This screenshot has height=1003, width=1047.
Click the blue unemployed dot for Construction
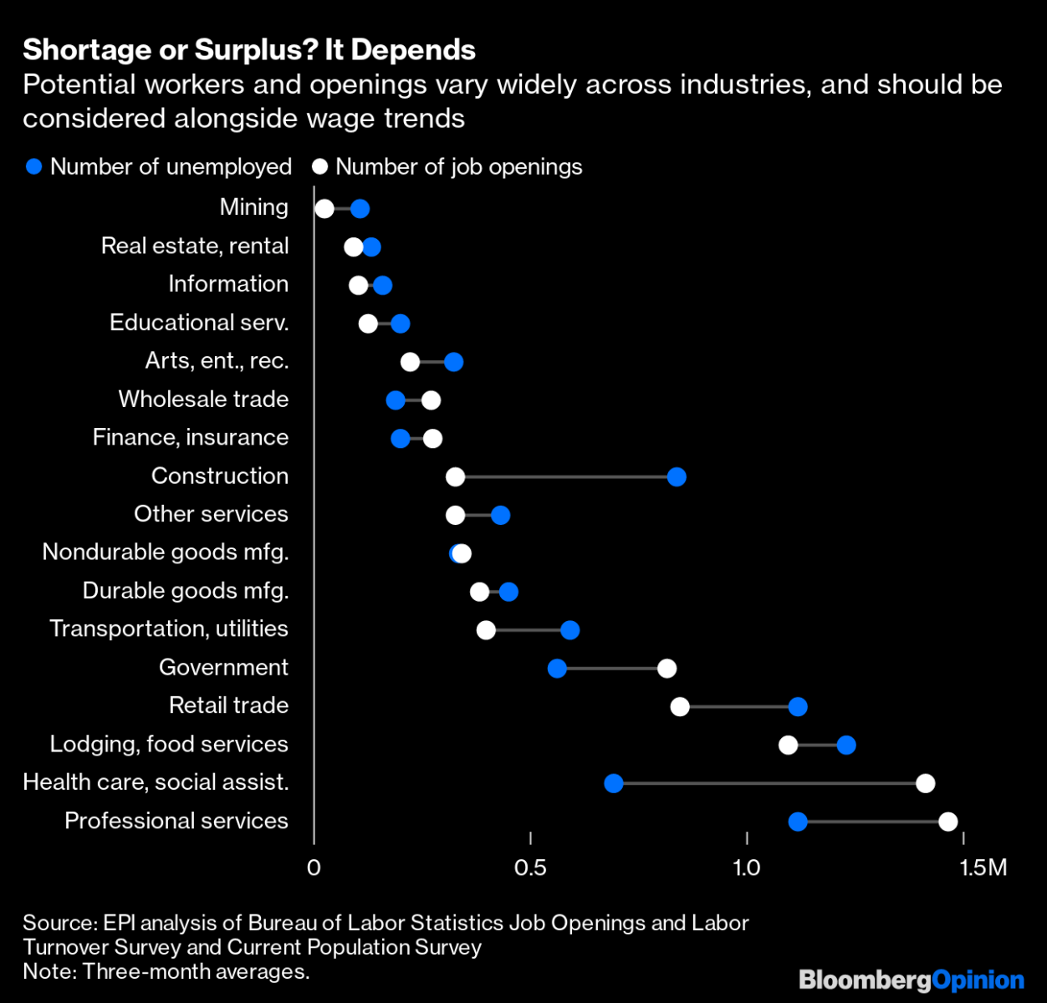click(677, 477)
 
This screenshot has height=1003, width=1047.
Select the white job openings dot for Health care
click(925, 783)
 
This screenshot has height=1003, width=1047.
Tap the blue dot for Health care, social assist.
click(613, 783)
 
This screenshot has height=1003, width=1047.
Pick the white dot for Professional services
click(947, 822)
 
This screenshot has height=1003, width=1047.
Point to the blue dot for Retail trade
click(798, 707)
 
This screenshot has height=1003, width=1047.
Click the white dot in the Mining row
click(324, 209)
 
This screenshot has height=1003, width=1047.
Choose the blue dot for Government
click(557, 669)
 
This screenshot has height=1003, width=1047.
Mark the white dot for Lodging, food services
click(788, 745)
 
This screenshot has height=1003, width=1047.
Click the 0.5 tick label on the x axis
click(530, 868)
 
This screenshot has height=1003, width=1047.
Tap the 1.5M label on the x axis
click(983, 868)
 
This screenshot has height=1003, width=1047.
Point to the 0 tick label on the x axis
click(314, 868)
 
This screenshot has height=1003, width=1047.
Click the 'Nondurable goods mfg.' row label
click(166, 552)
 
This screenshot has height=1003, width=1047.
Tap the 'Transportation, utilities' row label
click(169, 629)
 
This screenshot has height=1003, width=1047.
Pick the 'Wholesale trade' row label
click(203, 400)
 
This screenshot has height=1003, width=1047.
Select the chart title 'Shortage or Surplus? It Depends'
click(249, 50)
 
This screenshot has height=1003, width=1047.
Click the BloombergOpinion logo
click(912, 980)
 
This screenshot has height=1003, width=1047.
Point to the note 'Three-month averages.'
click(166, 971)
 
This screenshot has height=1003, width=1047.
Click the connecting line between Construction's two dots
click(565, 477)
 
